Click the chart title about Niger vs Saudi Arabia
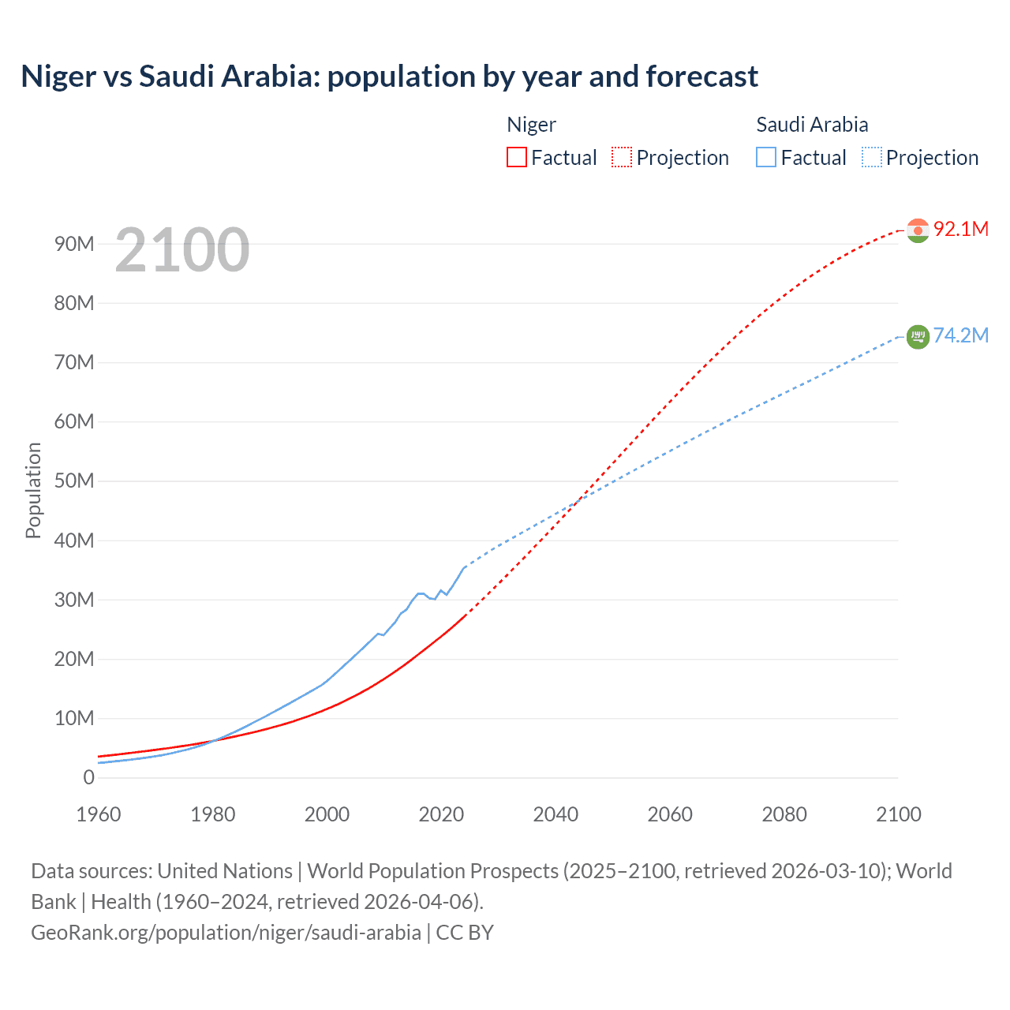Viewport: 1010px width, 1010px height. click(x=389, y=77)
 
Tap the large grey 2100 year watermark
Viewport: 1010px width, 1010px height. click(x=182, y=250)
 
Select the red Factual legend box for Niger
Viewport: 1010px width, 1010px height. click(x=516, y=157)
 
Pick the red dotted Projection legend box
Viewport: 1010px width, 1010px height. click(x=622, y=157)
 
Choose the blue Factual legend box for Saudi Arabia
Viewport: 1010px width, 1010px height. click(x=765, y=157)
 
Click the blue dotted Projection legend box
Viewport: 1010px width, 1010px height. click(x=871, y=157)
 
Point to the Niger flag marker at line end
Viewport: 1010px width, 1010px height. click(x=918, y=230)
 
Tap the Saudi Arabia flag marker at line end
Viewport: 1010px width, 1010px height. click(x=918, y=337)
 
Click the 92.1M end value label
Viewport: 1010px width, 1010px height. click(x=961, y=229)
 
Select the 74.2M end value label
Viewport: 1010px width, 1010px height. click(x=961, y=335)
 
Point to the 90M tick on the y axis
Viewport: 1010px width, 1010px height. click(x=74, y=244)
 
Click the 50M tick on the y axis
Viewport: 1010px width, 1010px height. click(x=74, y=481)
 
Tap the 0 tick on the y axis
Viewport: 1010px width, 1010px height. click(x=88, y=777)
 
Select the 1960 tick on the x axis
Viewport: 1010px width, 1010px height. click(x=99, y=814)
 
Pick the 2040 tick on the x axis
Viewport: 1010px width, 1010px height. click(x=555, y=814)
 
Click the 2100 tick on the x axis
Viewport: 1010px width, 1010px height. click(x=898, y=814)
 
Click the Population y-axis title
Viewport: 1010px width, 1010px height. click(x=33, y=490)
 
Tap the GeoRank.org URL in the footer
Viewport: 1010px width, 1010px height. click(x=226, y=933)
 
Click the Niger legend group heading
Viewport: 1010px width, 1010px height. click(x=531, y=125)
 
